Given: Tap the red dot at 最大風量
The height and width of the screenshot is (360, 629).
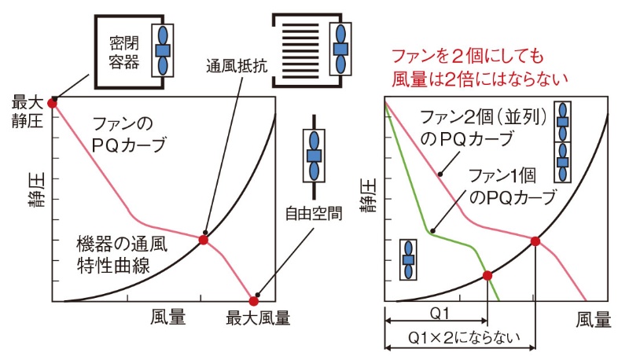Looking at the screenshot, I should pyautogui.click(x=254, y=300).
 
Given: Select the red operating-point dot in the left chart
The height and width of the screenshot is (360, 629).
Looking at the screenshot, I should pyautogui.click(x=204, y=239).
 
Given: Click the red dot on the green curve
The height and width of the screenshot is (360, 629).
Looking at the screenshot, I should pyautogui.click(x=487, y=275).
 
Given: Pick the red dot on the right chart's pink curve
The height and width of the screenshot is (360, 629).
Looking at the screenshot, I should pyautogui.click(x=535, y=241).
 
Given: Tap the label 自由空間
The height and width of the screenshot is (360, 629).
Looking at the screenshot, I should pyautogui.click(x=314, y=214).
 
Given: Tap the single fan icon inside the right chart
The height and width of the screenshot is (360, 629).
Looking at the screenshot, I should pyautogui.click(x=408, y=259).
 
